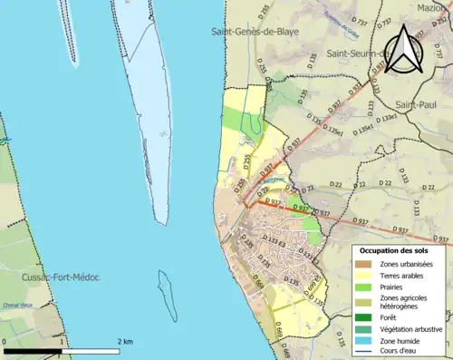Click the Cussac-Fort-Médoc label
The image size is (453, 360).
62,277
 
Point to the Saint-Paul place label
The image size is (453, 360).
416,105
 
